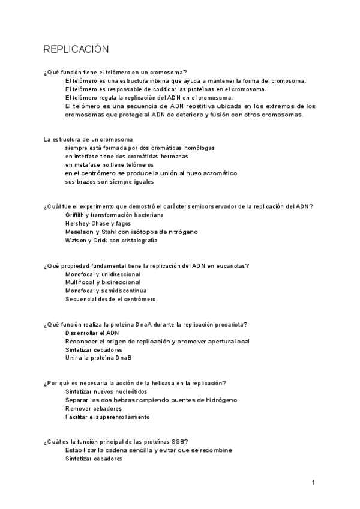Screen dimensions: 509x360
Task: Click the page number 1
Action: click(x=313, y=482)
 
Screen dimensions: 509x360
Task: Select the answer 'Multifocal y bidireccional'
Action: click(x=103, y=282)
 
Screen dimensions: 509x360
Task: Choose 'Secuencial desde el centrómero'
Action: click(x=110, y=299)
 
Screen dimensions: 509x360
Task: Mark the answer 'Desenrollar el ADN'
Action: click(x=92, y=333)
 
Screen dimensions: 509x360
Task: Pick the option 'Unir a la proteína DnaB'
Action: click(x=98, y=358)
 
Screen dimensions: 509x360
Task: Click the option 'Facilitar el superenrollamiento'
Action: click(x=107, y=417)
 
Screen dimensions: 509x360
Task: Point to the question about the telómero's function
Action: click(x=115, y=72)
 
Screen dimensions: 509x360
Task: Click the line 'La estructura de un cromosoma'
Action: click(x=89, y=139)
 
